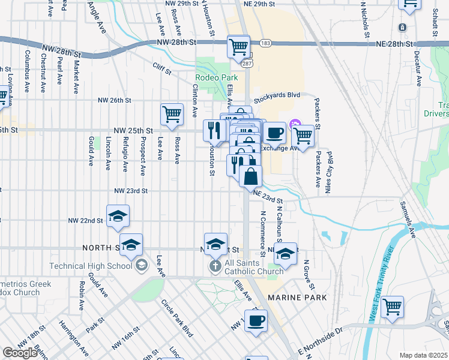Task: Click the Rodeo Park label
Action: [217, 77]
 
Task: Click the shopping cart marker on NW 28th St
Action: [238, 46]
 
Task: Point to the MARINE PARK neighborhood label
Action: [297, 298]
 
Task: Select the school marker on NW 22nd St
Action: [118, 216]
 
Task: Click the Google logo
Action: [20, 353]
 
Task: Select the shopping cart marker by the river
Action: [392, 307]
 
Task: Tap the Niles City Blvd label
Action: [328, 170]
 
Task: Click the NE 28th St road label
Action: [393, 44]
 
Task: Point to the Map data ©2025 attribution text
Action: [424, 355]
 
